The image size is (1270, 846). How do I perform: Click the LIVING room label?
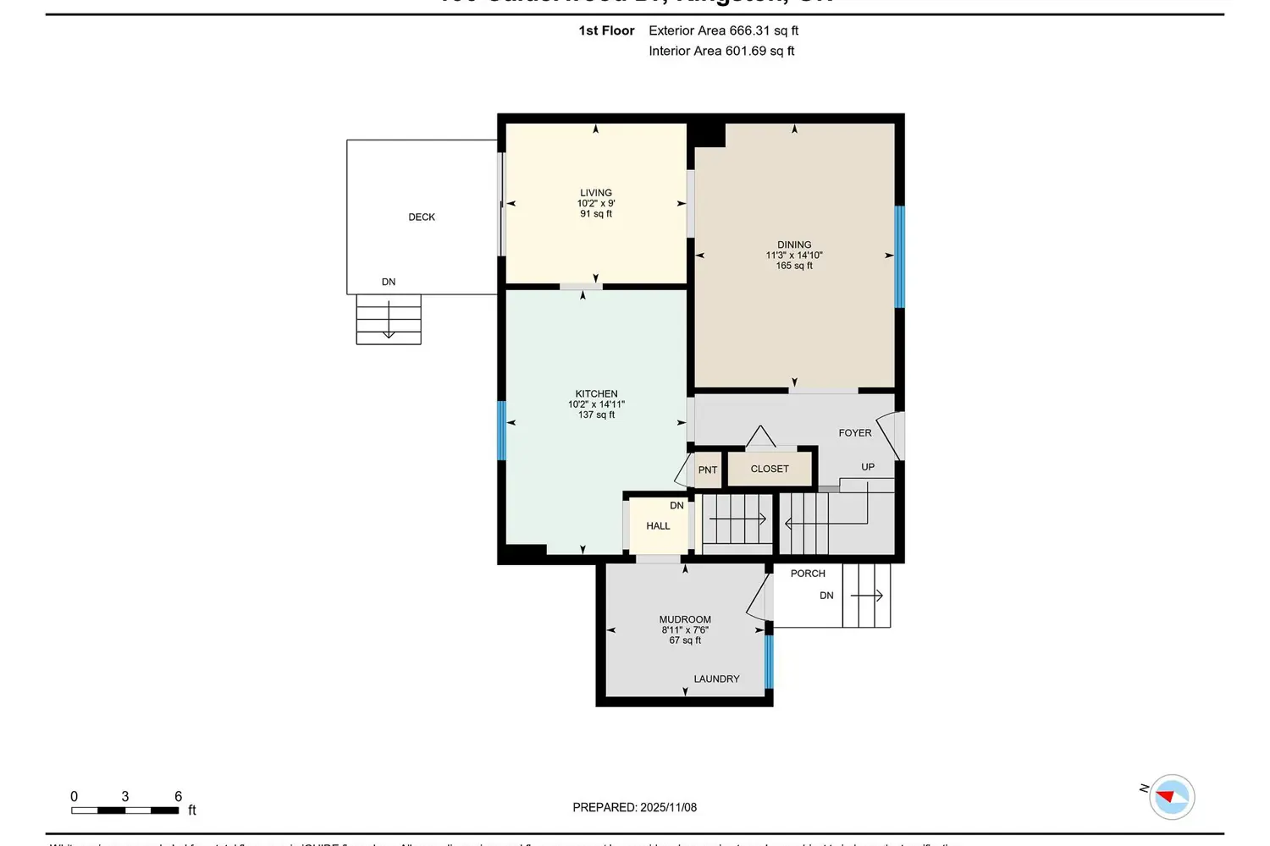point(596,193)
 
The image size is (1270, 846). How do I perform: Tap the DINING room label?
point(794,244)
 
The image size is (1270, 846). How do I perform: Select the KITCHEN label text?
point(596,393)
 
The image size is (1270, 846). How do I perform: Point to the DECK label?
point(422,217)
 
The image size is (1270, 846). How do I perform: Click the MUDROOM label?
point(685,619)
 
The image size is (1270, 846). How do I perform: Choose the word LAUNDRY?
point(716,678)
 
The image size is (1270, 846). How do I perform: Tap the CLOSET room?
point(770,469)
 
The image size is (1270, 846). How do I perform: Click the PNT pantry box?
point(708,470)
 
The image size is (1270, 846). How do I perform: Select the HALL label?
point(658,525)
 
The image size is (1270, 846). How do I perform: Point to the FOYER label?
point(854,432)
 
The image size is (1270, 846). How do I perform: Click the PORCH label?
point(808,573)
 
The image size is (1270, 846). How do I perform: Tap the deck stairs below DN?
point(389,319)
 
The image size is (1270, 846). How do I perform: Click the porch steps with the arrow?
point(866,596)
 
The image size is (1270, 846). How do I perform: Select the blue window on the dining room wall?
point(900,256)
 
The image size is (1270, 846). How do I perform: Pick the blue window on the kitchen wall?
point(501,430)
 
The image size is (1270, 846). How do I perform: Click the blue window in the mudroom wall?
point(769,662)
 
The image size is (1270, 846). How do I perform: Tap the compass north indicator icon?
point(1172,796)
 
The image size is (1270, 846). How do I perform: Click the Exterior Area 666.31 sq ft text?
point(723,30)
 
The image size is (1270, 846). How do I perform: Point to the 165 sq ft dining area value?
point(794,266)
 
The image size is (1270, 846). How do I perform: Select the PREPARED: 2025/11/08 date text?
point(634,807)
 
